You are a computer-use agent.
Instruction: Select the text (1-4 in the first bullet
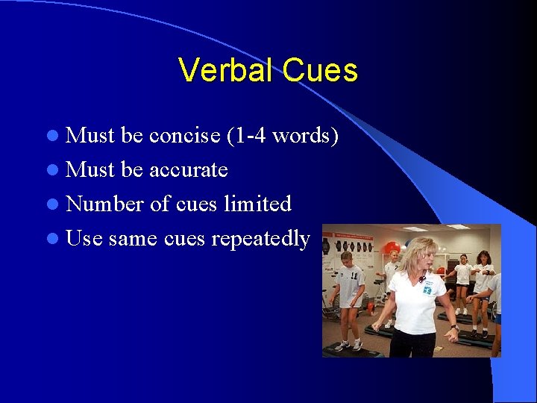tap(246, 136)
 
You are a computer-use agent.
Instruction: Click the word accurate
tap(189, 170)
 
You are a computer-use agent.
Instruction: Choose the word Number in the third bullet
tap(104, 204)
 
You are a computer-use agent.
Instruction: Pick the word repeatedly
tap(260, 239)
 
